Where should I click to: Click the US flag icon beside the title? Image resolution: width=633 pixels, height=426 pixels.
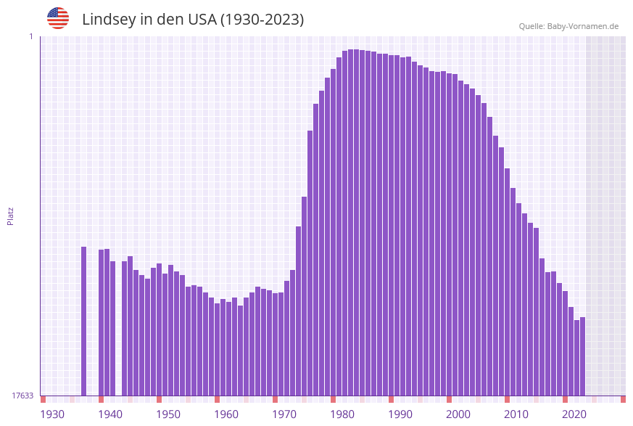pos(58,18)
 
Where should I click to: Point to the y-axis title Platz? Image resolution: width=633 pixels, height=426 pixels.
pos(11,216)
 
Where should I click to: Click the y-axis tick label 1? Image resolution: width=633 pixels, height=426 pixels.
pos(30,36)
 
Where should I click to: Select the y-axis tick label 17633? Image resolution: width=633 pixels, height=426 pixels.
pos(22,396)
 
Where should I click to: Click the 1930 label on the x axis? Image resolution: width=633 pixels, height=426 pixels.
pos(52,414)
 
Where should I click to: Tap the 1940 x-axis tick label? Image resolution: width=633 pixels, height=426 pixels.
pos(110,414)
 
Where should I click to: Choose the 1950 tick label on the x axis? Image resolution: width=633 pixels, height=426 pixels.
pos(168,414)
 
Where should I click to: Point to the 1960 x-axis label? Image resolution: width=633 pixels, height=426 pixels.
pos(226,414)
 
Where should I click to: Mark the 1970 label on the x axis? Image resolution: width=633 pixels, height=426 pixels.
pos(284,414)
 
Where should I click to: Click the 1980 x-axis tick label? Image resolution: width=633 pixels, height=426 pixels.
pos(342,414)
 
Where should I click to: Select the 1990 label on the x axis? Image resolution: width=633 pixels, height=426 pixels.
pos(400,414)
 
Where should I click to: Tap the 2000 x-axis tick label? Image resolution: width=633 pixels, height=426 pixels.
pos(458,414)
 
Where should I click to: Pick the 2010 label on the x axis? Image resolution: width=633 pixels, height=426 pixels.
pos(516,414)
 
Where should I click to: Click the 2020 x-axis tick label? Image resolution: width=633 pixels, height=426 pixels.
pos(574,414)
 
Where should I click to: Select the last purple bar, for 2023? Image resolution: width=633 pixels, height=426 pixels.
pos(582,356)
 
